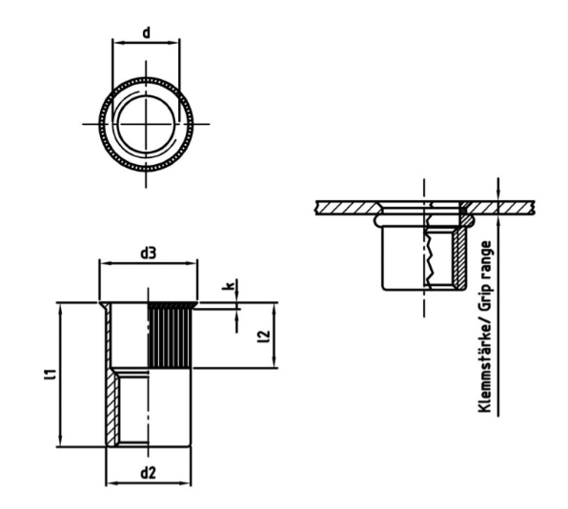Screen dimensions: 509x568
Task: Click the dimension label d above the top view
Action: click(145, 32)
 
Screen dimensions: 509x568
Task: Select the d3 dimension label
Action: click(148, 253)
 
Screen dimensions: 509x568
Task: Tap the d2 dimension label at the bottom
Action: click(148, 472)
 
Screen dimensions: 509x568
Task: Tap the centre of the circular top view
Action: click(146, 124)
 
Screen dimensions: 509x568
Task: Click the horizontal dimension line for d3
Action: click(148, 264)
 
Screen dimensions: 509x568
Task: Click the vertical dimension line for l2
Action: click(276, 336)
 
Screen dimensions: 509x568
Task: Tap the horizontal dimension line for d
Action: click(145, 43)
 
